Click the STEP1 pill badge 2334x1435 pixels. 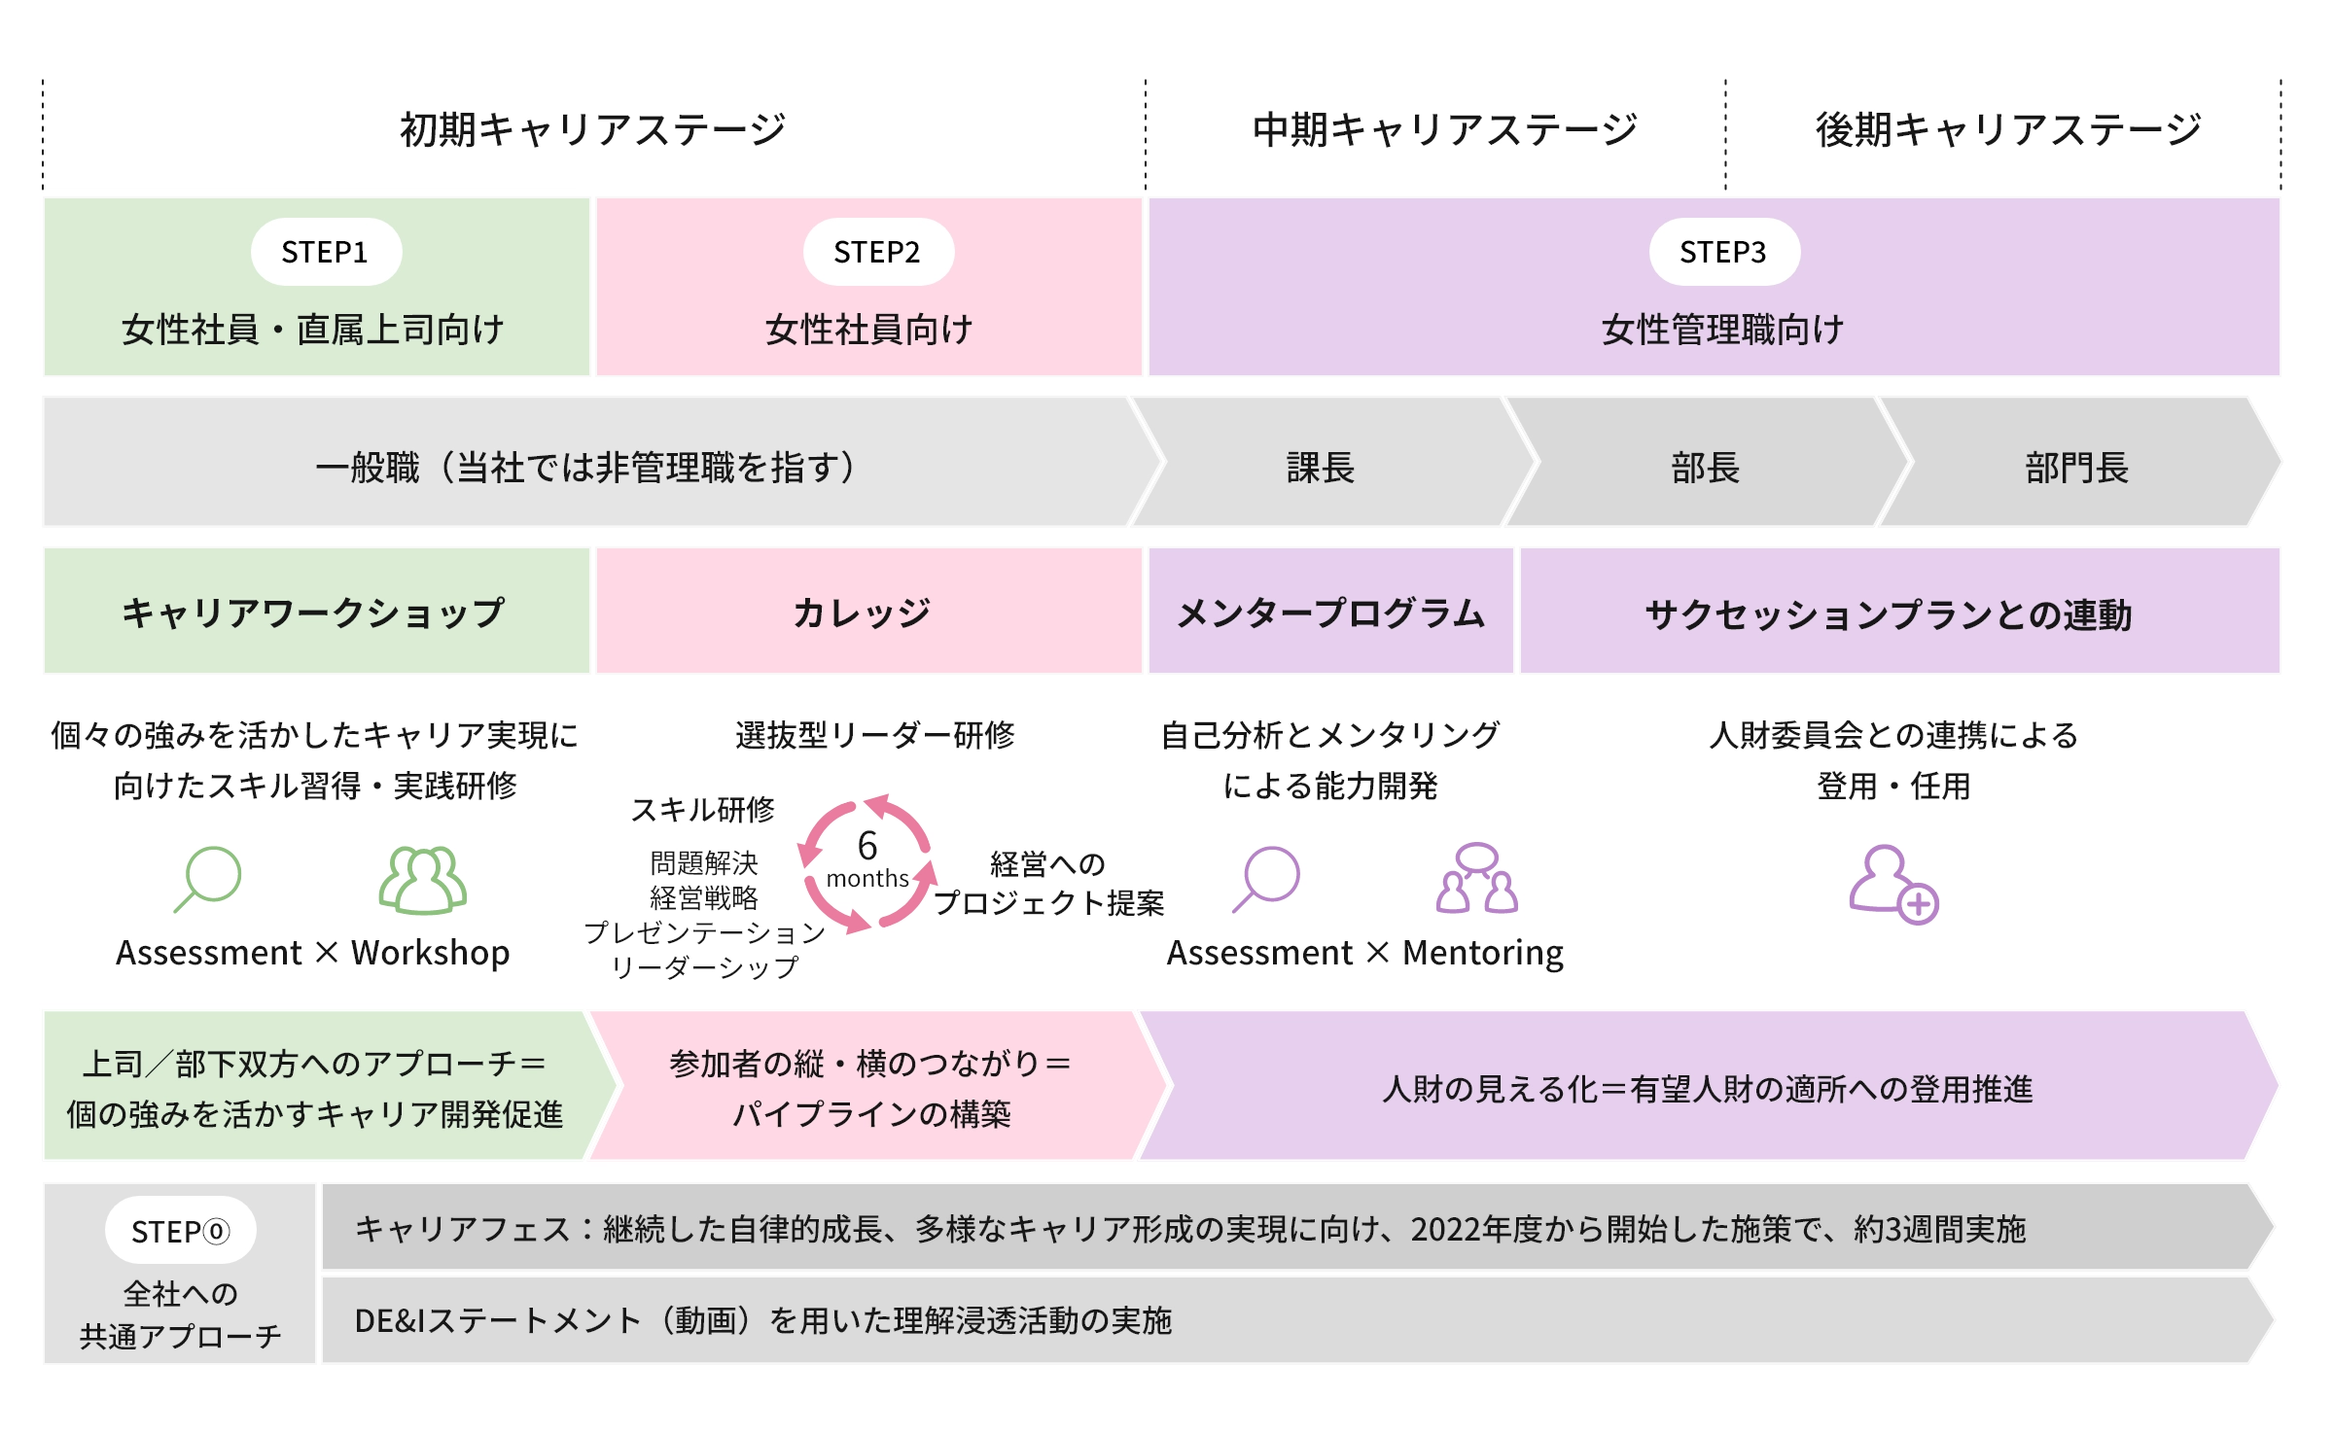coord(326,252)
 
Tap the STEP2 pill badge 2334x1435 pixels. coord(877,252)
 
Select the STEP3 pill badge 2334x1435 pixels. coord(1723,252)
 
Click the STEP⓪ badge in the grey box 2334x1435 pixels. coord(181,1231)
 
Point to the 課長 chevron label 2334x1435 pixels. coord(1321,468)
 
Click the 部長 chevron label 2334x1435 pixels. coord(1705,468)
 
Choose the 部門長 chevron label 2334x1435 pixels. coord(2076,468)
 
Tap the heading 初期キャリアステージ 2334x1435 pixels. coord(592,129)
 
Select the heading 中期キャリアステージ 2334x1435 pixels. coord(1444,129)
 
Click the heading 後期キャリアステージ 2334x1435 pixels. coord(2007,129)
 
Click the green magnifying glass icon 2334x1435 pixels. coord(208,878)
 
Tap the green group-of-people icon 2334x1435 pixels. coord(422,880)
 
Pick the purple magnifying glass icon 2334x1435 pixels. coord(1266,878)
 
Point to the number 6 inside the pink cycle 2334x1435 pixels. coord(867,846)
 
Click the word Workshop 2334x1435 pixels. coord(430,953)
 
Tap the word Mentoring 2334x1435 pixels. coord(1483,953)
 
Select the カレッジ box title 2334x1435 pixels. coord(862,613)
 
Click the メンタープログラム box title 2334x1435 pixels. coord(1330,613)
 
